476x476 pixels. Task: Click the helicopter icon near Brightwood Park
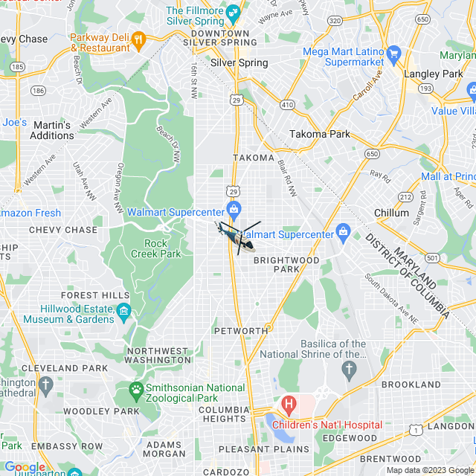click(239, 237)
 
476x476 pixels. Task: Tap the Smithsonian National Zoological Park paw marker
click(136, 389)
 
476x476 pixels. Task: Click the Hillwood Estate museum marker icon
click(123, 309)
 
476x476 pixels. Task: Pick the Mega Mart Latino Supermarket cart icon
click(393, 53)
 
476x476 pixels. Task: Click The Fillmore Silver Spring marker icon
click(234, 12)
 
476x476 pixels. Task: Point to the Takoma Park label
click(319, 135)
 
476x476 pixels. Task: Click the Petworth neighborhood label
click(240, 330)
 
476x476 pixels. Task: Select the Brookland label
click(411, 385)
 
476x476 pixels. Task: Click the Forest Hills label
click(90, 295)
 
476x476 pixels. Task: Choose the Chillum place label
click(391, 213)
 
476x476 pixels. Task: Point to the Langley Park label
click(433, 74)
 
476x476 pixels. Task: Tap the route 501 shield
click(433, 257)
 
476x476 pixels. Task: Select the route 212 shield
click(405, 196)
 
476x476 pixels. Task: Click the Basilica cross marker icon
click(350, 369)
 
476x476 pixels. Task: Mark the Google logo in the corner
click(25, 467)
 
